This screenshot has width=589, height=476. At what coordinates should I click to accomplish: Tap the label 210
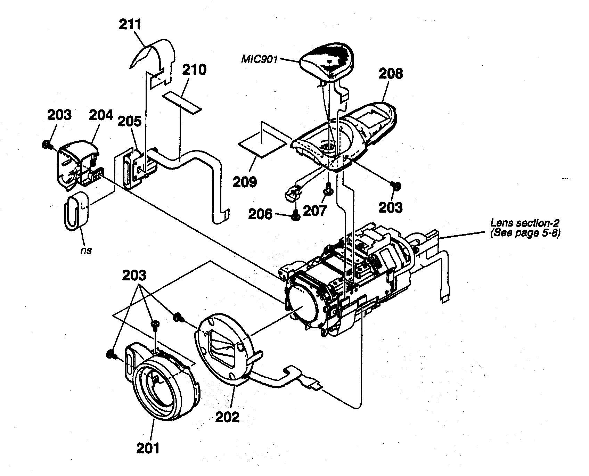194,70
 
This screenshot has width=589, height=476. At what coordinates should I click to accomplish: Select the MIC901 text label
260,59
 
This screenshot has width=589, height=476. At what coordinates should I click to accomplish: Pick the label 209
245,181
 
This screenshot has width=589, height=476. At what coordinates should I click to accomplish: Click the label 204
101,115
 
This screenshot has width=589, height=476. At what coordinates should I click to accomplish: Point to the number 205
129,121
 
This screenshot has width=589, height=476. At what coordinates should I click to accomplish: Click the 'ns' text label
85,250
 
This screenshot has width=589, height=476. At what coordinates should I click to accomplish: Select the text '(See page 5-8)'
525,233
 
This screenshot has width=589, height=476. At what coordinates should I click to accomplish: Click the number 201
148,448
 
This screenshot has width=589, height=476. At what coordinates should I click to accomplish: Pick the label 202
227,417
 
